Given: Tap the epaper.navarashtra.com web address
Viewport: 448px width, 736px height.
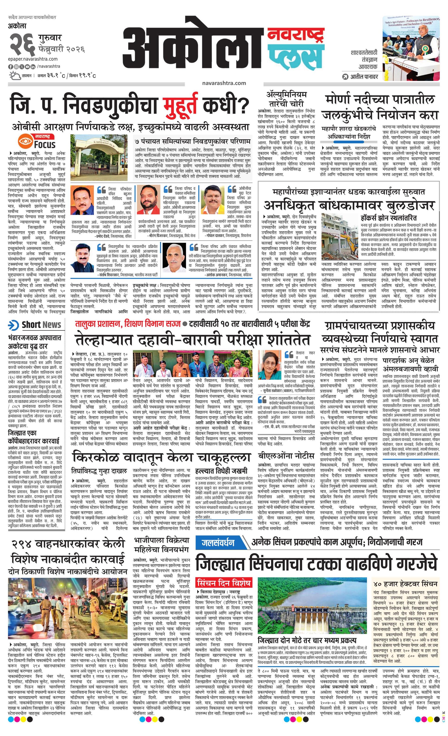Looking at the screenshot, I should [x=33, y=59].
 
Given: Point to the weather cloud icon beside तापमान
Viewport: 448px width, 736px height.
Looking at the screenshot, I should [x=15, y=76].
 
